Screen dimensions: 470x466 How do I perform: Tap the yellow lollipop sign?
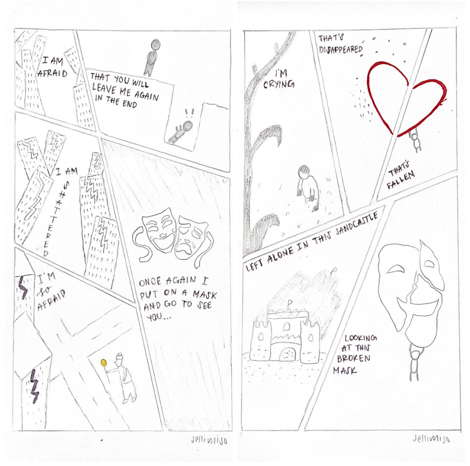pos(104,363)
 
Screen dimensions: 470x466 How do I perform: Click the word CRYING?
pos(279,84)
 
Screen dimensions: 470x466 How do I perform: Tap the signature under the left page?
pos(209,440)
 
